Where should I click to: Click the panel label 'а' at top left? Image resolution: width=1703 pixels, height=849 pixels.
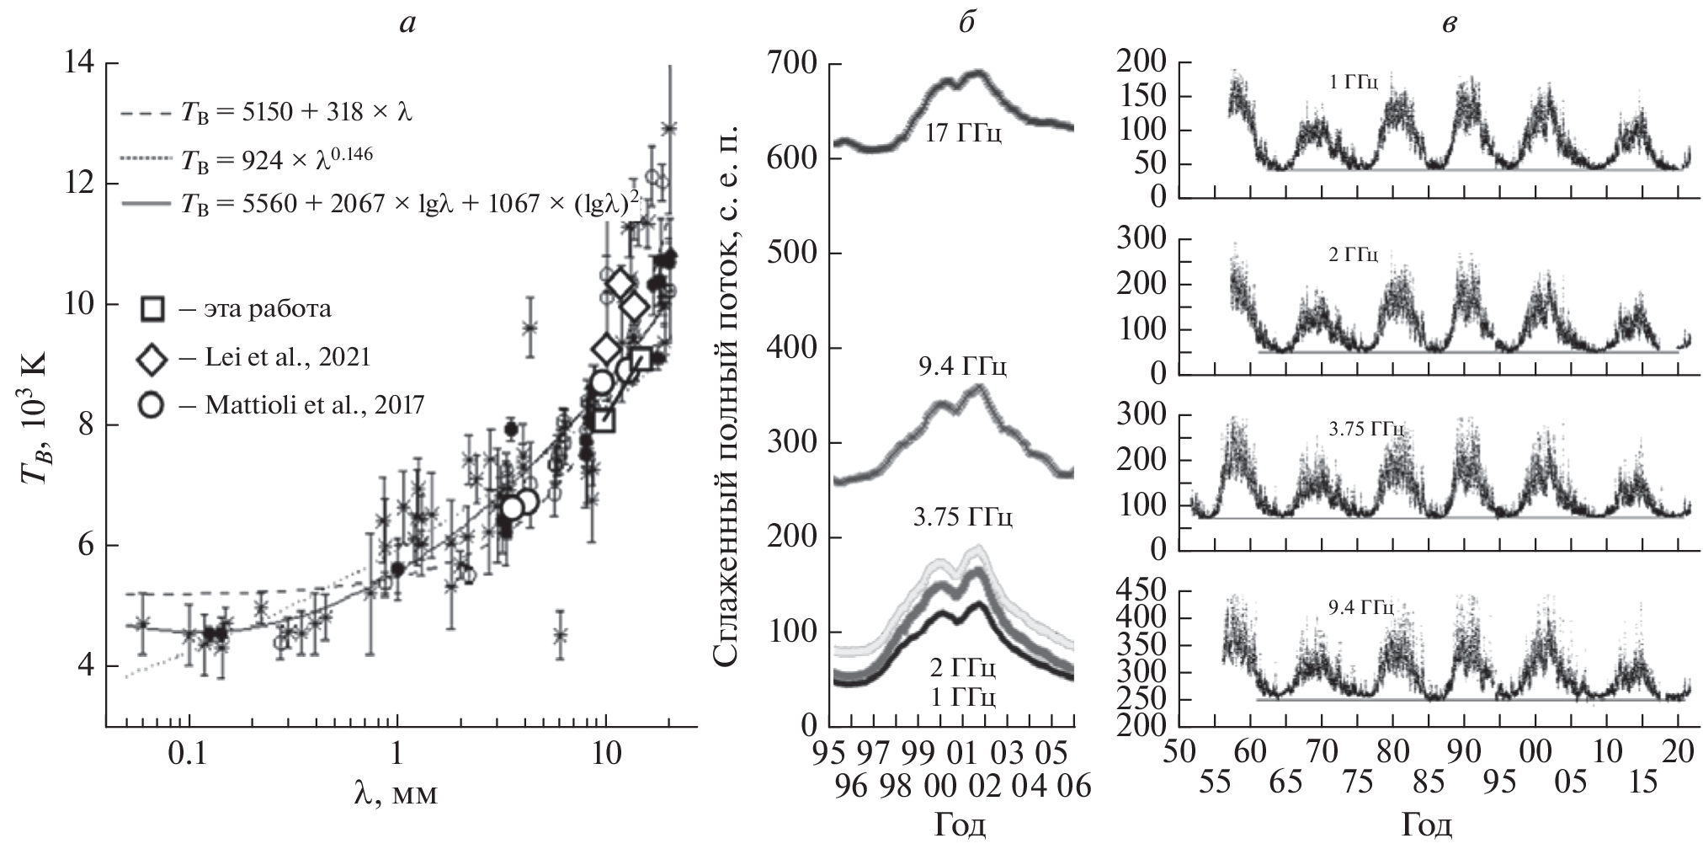coord(408,24)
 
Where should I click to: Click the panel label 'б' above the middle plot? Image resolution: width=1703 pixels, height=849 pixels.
coord(966,23)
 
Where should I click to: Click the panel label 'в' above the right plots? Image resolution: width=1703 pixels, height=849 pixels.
coord(1445,24)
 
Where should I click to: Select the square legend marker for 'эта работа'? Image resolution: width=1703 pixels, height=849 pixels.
coord(152,309)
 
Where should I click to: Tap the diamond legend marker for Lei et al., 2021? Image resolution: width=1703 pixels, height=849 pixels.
coord(152,357)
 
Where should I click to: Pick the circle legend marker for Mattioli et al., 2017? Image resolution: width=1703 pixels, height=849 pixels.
coord(151,405)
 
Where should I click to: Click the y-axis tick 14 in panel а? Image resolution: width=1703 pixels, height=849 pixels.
coord(79,64)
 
